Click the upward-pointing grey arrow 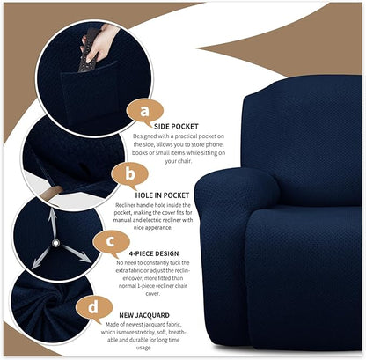coord(53,219)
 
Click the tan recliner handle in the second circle coord(55,188)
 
